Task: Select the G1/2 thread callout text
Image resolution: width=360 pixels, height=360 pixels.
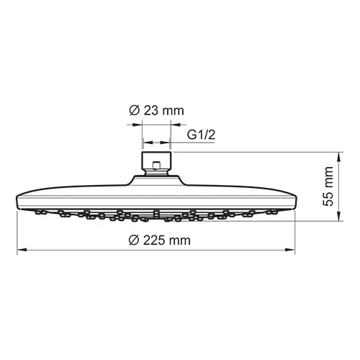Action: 201,135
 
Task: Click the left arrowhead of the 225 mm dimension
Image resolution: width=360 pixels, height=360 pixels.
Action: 20,251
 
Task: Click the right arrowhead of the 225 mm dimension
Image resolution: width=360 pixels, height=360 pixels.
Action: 293,251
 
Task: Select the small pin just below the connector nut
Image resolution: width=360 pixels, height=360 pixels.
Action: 156,171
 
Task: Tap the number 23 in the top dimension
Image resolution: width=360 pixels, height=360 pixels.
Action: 150,110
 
